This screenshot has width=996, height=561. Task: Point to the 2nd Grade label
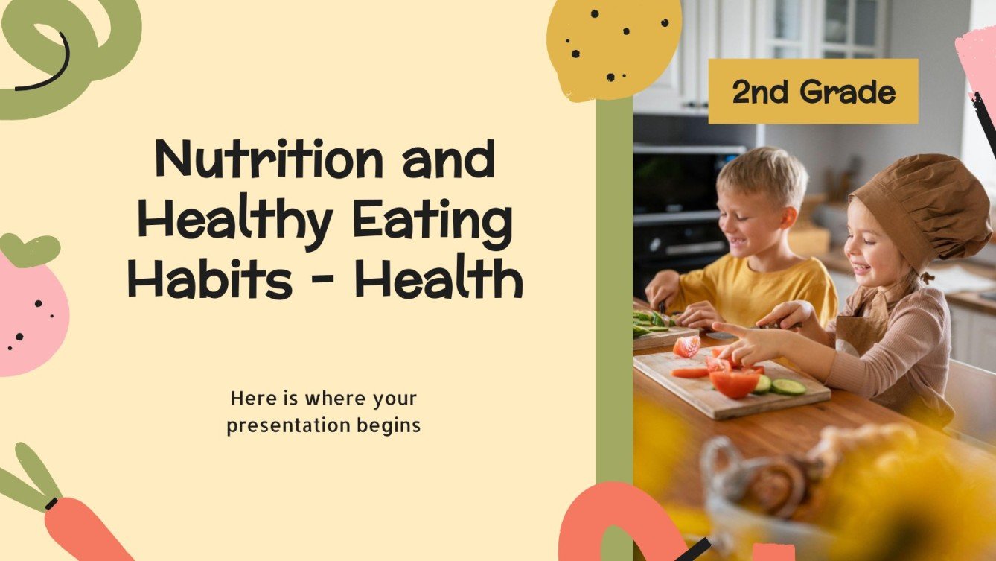(x=813, y=92)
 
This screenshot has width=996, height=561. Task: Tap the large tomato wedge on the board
(x=733, y=383)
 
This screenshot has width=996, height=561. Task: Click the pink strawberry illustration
(x=30, y=313)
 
